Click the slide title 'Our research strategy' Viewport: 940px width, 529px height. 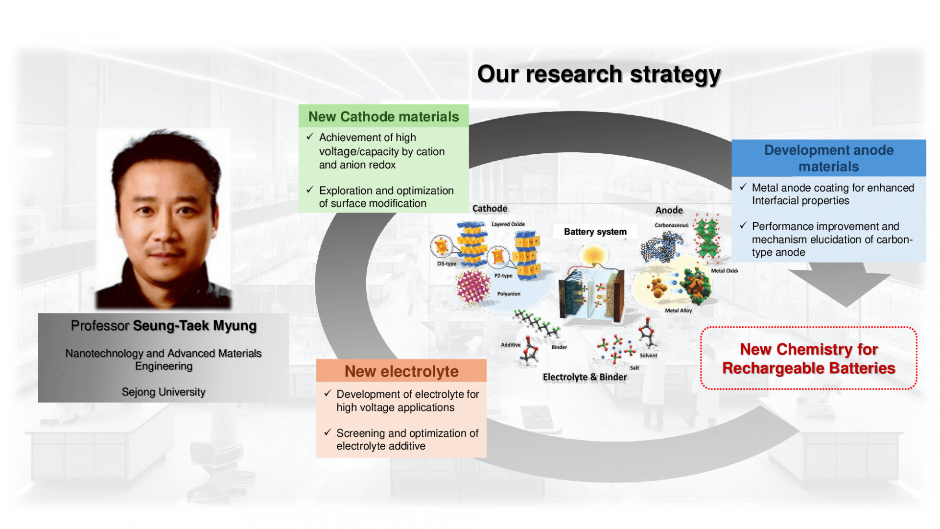[599, 75]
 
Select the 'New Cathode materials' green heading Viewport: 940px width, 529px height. [384, 117]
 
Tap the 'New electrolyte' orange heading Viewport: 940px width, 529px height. [401, 371]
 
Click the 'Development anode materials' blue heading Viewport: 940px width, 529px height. [829, 158]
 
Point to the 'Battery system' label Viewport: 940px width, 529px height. [595, 232]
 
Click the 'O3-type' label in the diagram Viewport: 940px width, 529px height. [446, 264]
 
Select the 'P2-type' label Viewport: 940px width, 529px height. [503, 276]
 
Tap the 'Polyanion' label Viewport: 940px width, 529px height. [509, 294]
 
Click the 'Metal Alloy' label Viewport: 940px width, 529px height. [679, 311]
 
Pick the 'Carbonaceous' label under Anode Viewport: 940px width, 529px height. [671, 225]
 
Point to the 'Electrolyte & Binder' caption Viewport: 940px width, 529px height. [585, 377]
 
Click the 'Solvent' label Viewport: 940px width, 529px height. [648, 356]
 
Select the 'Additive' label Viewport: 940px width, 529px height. [511, 345]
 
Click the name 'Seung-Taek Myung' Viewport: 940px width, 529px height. [195, 326]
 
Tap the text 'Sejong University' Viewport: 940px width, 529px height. [164, 392]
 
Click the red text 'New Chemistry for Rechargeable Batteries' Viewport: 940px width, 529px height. [809, 359]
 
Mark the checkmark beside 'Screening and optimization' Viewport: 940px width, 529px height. [328, 432]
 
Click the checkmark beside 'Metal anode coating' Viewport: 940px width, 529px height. [743, 187]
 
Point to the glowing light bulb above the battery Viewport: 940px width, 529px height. [593, 255]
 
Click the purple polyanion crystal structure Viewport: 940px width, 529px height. [473, 287]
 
